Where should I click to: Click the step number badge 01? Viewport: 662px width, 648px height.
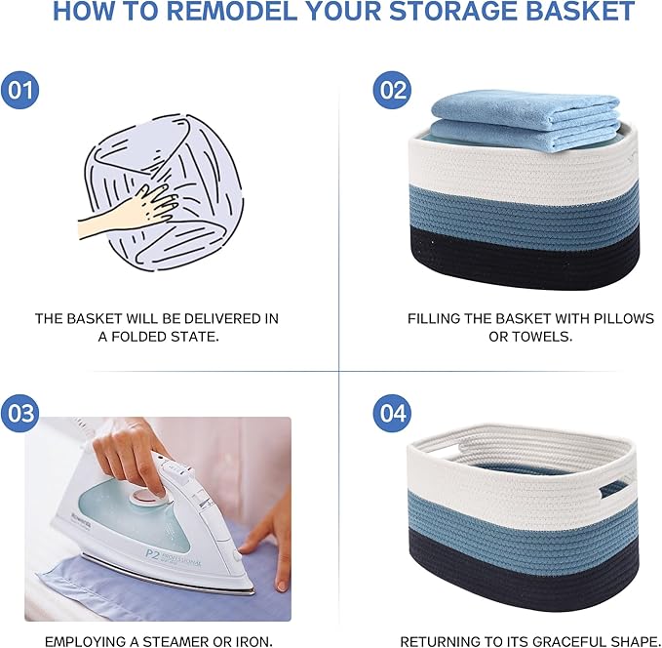[x=20, y=91]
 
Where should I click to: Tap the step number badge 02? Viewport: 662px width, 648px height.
[x=392, y=91]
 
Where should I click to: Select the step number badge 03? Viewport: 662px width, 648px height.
[x=20, y=413]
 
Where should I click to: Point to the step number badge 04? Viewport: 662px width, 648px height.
[x=392, y=413]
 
